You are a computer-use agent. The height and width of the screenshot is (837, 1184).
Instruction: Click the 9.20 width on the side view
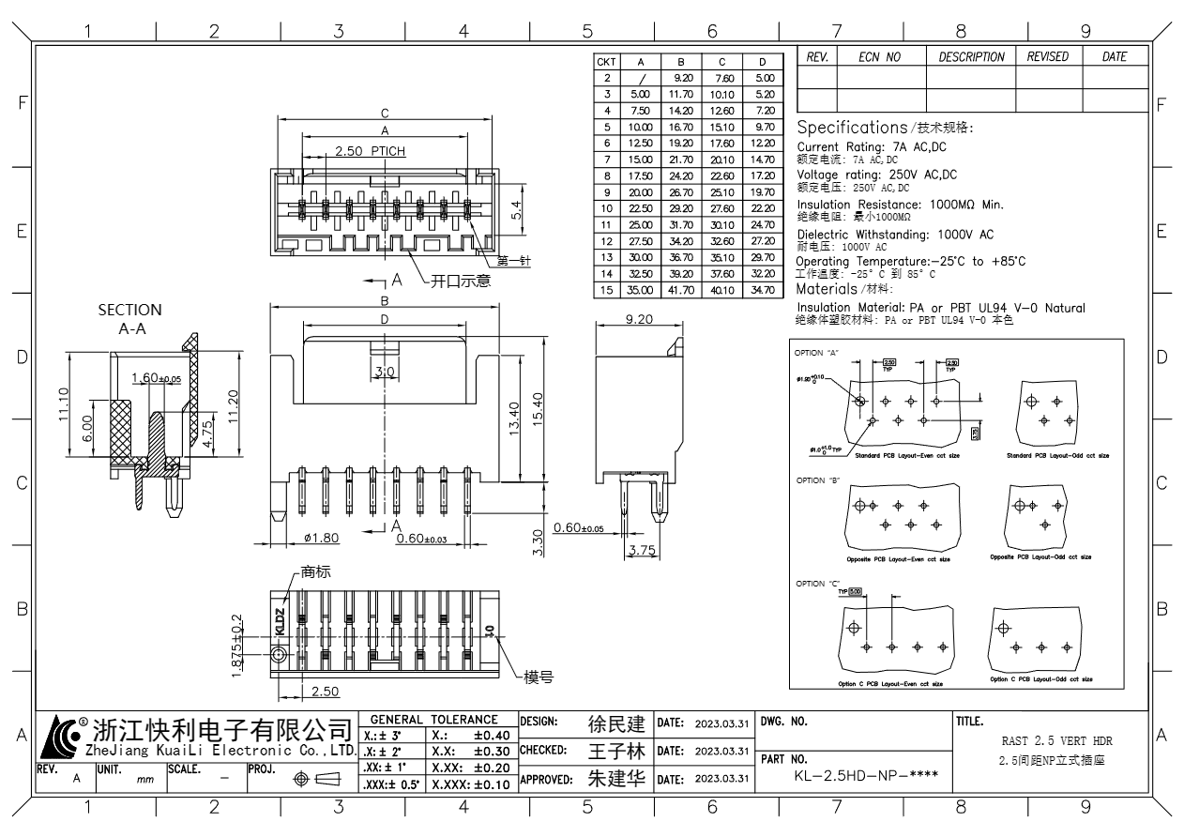(640, 320)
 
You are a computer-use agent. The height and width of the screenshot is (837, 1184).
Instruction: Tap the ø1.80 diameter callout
(322, 538)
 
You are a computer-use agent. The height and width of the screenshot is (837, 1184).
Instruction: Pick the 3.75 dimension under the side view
(642, 550)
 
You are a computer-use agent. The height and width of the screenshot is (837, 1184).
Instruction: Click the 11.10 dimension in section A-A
(65, 405)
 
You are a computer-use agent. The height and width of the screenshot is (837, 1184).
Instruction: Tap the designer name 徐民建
(616, 723)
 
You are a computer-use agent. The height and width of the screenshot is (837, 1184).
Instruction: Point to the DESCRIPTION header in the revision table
(971, 57)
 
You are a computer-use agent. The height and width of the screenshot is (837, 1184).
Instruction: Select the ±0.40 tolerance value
(492, 735)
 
